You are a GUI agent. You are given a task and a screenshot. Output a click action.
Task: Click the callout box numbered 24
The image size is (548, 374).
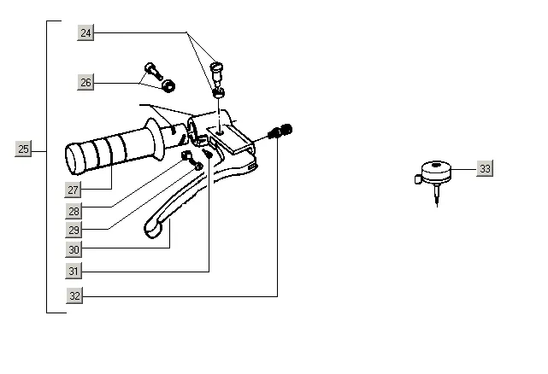85,32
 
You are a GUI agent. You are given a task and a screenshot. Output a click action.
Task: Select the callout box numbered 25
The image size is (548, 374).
23,149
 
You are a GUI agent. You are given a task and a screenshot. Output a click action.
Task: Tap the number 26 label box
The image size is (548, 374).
85,83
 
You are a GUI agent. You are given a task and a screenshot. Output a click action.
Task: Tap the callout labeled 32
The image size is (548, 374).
74,295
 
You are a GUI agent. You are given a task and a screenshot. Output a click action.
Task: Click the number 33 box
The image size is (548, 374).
485,169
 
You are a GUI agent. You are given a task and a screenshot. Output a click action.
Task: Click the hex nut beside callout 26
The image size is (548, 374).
168,85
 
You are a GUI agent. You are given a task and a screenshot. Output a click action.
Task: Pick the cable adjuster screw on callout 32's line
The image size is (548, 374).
280,131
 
